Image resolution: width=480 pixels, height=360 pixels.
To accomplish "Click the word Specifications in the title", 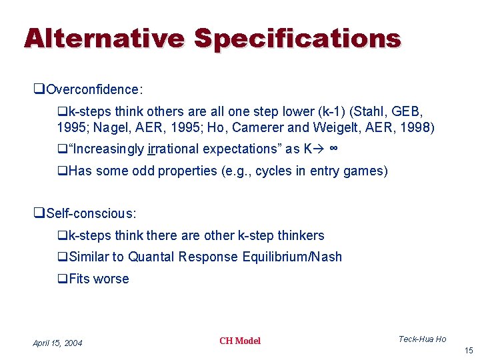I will [x=297, y=39].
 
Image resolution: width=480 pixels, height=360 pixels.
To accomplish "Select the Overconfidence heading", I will [x=95, y=89].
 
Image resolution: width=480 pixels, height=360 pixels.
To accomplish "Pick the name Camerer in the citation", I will [x=279, y=127].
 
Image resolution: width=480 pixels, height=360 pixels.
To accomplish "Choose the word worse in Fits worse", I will [x=111, y=279].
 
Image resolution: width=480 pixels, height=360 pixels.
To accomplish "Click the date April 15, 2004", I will [x=57, y=343].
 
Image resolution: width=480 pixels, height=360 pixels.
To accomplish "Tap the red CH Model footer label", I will [x=240, y=341].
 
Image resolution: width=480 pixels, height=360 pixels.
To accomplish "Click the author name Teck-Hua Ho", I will [x=422, y=339].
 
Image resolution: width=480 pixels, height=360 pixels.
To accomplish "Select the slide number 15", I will [x=469, y=351].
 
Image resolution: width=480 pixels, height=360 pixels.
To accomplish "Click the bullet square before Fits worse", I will [x=61, y=279].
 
